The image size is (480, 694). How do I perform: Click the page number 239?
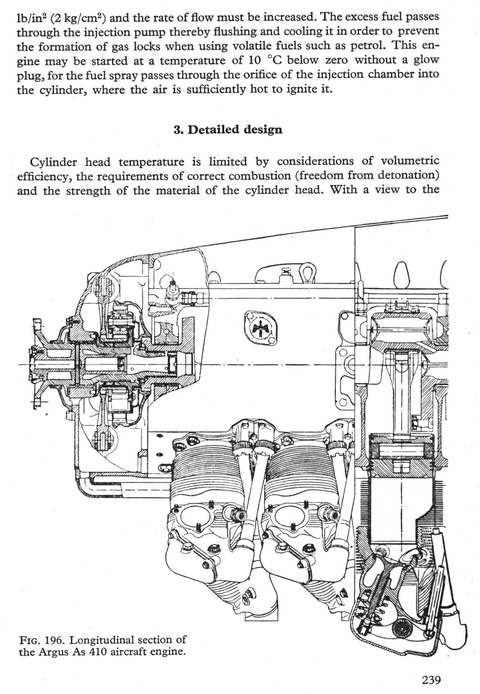431,680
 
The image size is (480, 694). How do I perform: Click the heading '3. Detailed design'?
228,129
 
